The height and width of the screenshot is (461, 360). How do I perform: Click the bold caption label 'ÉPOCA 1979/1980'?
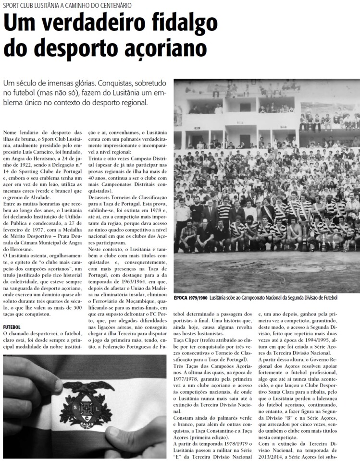tap(190, 298)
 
